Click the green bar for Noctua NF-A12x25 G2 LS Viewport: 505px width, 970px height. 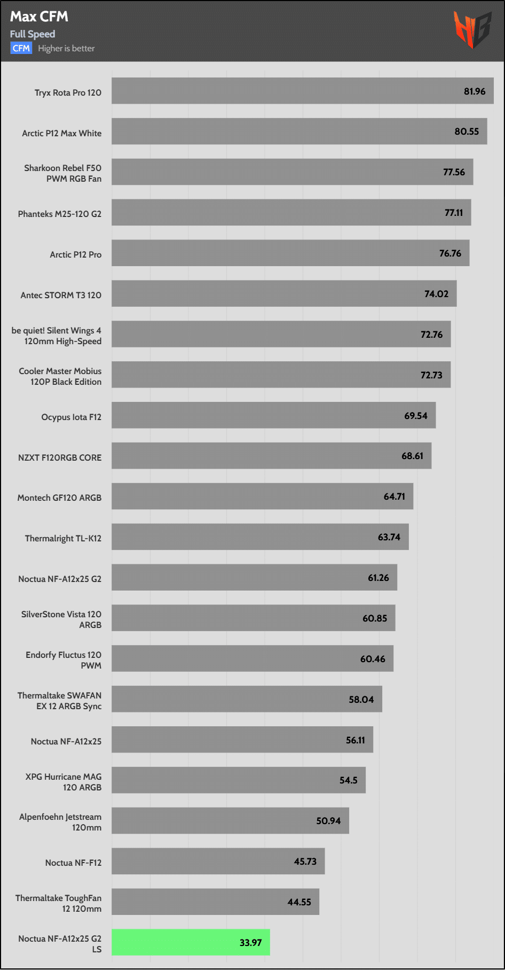tap(191, 942)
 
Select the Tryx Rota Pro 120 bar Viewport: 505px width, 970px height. tap(302, 91)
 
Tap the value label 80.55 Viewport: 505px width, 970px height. tap(467, 131)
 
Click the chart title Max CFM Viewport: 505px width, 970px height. tap(39, 17)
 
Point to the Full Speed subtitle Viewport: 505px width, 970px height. tap(33, 34)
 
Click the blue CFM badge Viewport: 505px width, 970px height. tap(21, 48)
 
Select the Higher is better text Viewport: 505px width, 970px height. tap(66, 48)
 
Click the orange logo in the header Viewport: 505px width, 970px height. tap(472, 29)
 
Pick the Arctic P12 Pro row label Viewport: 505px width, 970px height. tap(75, 254)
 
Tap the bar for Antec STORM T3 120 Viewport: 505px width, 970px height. tap(284, 293)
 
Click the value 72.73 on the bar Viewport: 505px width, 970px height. tap(431, 375)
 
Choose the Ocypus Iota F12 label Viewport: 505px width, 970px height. tap(71, 417)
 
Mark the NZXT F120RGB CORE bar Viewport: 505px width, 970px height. tap(271, 456)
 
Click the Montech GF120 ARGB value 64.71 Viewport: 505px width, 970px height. tap(394, 496)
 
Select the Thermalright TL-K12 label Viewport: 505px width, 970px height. tap(63, 538)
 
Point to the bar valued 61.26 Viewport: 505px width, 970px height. tap(254, 577)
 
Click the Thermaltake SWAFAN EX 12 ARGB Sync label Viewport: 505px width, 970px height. tap(59, 701)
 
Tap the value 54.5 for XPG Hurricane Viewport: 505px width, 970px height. tap(348, 780)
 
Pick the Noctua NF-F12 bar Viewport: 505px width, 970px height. tap(218, 861)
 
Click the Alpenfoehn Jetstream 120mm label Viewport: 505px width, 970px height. tap(60, 822)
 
